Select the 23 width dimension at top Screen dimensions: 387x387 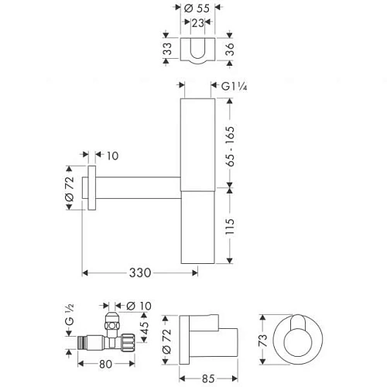(x=198, y=24)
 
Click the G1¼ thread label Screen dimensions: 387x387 (x=235, y=88)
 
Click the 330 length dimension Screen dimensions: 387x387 (x=139, y=272)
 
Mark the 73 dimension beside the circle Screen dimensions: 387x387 (x=264, y=341)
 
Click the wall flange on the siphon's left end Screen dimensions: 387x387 (x=91, y=187)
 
